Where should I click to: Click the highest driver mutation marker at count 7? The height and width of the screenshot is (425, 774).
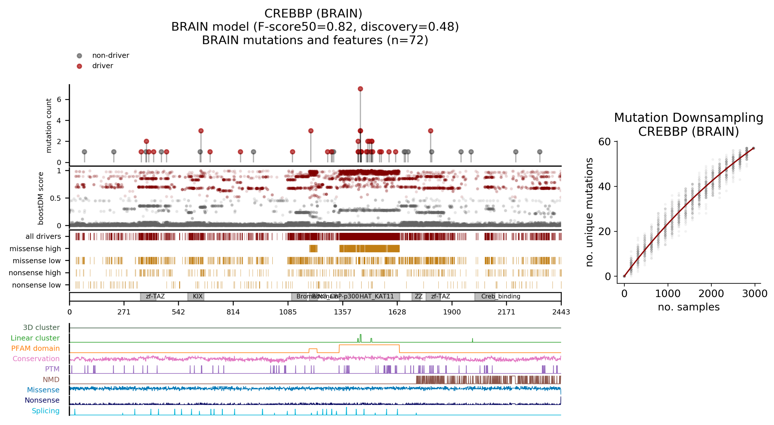(360, 89)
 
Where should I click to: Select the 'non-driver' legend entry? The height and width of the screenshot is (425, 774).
(110, 55)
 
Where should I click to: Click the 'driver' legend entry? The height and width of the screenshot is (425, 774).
(102, 66)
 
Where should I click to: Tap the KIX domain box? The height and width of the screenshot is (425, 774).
(196, 296)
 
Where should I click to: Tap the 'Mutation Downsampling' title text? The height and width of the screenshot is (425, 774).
(688, 118)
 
